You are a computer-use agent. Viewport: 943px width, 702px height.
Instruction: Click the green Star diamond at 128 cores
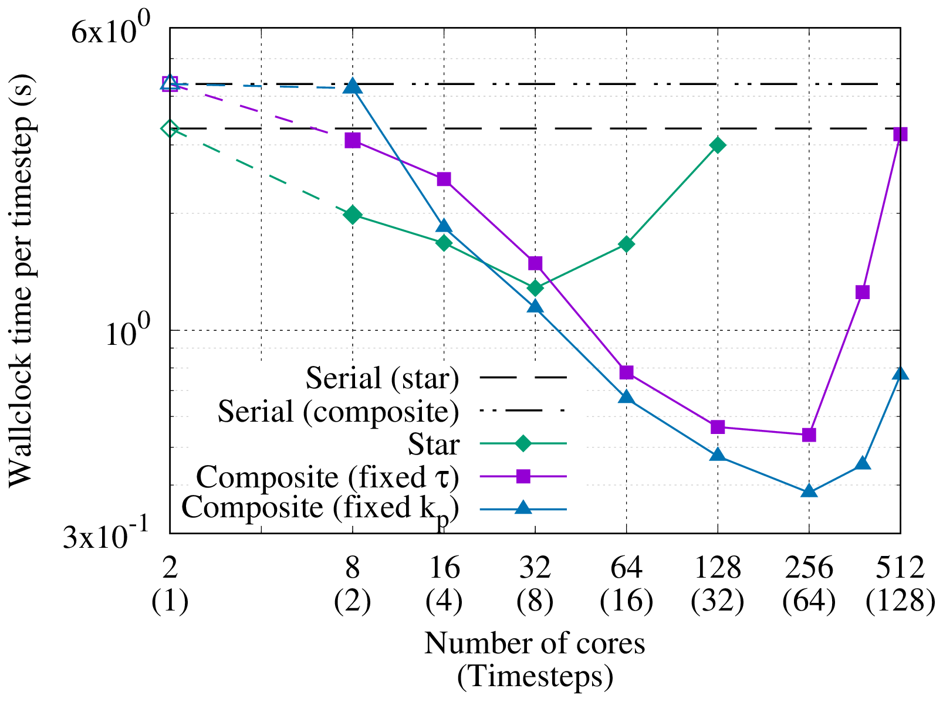(x=717, y=145)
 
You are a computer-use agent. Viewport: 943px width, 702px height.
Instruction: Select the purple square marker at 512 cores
(x=900, y=134)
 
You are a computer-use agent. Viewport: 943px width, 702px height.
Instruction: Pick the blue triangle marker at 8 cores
(x=352, y=86)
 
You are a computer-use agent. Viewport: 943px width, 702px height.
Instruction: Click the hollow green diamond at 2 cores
(x=170, y=128)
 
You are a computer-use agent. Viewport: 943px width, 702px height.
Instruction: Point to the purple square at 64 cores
(x=626, y=372)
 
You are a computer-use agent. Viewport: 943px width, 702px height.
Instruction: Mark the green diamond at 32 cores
(x=535, y=288)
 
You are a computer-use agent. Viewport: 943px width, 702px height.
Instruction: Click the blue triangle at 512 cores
(x=900, y=374)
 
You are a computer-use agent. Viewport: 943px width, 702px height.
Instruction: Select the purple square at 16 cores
(x=444, y=179)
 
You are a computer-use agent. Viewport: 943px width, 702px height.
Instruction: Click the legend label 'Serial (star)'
(x=382, y=378)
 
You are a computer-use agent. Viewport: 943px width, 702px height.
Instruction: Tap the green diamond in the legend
(x=523, y=444)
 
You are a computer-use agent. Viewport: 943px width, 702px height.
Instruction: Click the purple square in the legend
(x=523, y=476)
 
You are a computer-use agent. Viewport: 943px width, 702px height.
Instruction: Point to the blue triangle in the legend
(x=523, y=508)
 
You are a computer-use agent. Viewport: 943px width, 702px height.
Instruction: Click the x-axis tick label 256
(x=809, y=568)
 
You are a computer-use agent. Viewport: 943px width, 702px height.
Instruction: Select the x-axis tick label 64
(x=626, y=568)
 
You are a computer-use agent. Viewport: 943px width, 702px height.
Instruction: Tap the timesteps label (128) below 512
(x=900, y=601)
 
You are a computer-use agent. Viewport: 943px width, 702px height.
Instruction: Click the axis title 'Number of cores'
(x=535, y=643)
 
